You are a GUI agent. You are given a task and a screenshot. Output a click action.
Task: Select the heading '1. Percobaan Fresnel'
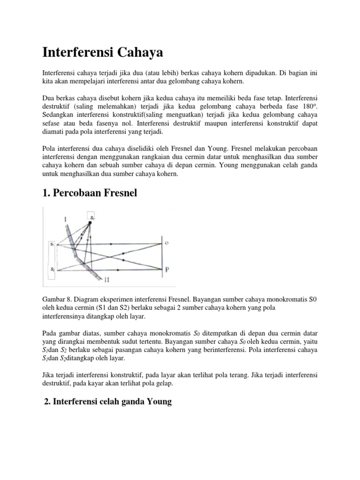(x=90, y=193)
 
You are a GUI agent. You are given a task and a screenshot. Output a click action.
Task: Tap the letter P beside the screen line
(x=167, y=270)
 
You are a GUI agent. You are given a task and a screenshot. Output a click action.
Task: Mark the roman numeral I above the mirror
(x=68, y=219)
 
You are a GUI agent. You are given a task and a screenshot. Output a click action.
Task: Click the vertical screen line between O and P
(x=162, y=257)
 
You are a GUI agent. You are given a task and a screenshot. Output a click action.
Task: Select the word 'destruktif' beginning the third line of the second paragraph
(x=58, y=106)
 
